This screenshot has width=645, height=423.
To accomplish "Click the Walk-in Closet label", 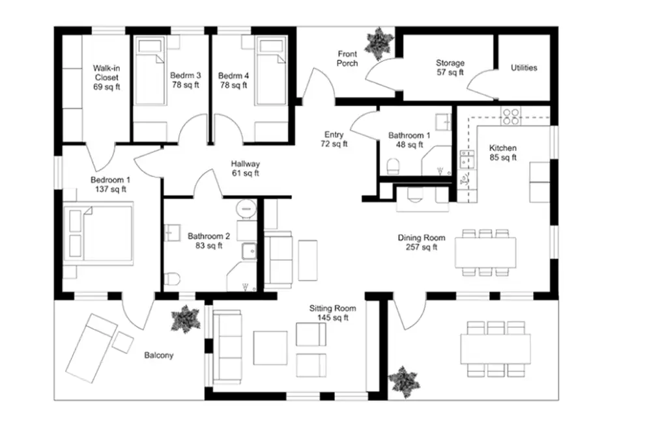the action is pyautogui.click(x=107, y=77).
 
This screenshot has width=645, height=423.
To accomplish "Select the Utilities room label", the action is pyautogui.click(x=524, y=68).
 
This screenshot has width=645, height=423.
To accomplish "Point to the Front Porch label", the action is pyautogui.click(x=347, y=59).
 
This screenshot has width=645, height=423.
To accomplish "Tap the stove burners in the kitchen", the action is pyautogui.click(x=511, y=116).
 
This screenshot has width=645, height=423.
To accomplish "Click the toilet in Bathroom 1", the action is pyautogui.click(x=394, y=167).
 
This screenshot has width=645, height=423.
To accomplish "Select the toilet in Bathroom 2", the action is pyautogui.click(x=172, y=279).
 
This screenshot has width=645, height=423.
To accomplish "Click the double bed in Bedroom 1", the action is pyautogui.click(x=98, y=234).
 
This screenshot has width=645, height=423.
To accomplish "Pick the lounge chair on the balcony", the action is pyautogui.click(x=89, y=348).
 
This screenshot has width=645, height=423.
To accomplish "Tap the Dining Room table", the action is pyautogui.click(x=485, y=252).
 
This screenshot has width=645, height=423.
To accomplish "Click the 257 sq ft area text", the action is pyautogui.click(x=422, y=247).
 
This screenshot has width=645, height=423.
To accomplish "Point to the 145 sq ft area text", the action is pyautogui.click(x=333, y=318).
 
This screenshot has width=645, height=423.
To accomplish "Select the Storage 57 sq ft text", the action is pyautogui.click(x=450, y=68).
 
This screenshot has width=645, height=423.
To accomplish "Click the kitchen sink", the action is pyautogui.click(x=466, y=159).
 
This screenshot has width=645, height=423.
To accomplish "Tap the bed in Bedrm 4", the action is pyautogui.click(x=270, y=72).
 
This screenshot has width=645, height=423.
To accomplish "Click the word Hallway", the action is pyautogui.click(x=245, y=163).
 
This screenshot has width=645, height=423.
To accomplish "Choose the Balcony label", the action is pyautogui.click(x=159, y=355).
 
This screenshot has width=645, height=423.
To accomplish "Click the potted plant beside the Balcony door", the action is pyautogui.click(x=186, y=319).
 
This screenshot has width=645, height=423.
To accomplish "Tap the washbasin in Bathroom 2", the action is pyautogui.click(x=173, y=232).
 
